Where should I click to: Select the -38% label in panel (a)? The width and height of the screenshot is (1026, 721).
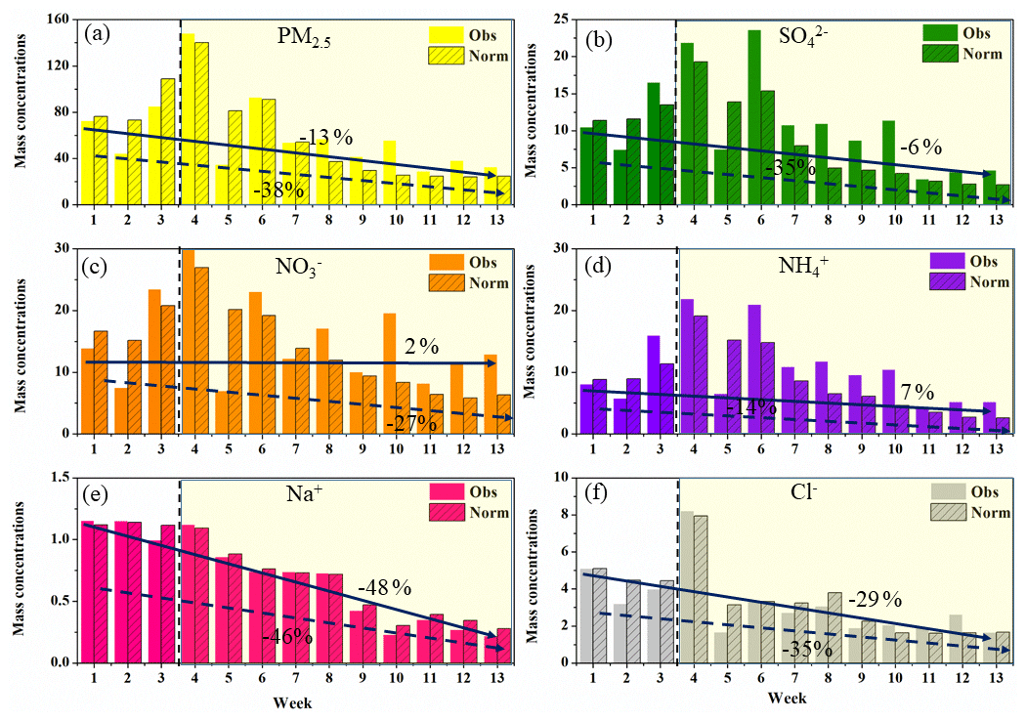pos(278,190)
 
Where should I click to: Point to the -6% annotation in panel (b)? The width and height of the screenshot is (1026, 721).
pos(919,148)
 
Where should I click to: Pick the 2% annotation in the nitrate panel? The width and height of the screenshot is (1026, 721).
pos(421,345)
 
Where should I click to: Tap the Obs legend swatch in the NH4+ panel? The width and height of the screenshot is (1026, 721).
pos(940,262)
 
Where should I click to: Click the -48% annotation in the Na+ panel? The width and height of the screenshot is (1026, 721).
pos(384,588)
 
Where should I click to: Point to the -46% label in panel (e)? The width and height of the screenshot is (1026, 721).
pos(287,636)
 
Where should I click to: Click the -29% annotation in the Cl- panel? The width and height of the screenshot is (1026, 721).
pos(874,599)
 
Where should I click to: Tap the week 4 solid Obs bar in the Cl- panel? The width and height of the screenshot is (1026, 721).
pos(688,586)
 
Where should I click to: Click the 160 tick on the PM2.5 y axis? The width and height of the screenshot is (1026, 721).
pos(59,20)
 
